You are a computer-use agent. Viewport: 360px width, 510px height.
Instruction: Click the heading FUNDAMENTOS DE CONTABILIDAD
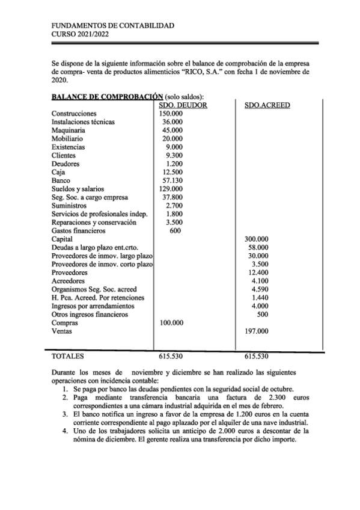click(113, 26)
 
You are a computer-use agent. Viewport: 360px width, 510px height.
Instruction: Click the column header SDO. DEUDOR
click(183, 105)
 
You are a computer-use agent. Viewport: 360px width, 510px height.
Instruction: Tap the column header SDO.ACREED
click(267, 105)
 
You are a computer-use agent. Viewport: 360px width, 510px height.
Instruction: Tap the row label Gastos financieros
click(79, 230)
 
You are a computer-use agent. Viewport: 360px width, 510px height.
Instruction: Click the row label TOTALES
click(69, 356)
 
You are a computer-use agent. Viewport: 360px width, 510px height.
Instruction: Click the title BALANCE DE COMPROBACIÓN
click(108, 96)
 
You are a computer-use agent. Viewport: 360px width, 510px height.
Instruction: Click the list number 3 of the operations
click(64, 415)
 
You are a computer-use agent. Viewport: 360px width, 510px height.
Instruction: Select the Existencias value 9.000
click(174, 147)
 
